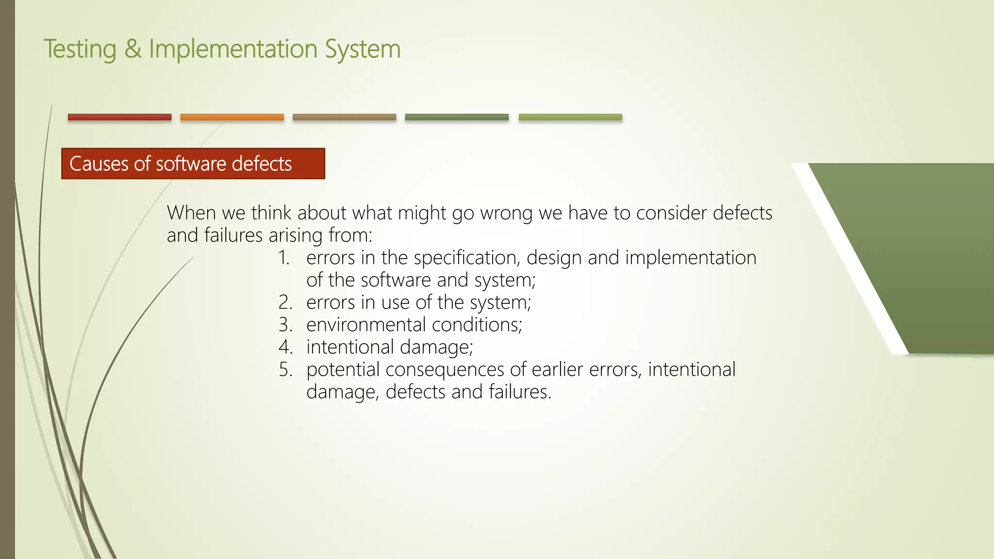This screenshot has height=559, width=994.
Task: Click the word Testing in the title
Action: point(80,50)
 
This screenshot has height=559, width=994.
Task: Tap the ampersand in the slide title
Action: point(133,49)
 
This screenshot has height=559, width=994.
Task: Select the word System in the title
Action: point(363,50)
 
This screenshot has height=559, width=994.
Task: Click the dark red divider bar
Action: point(119,117)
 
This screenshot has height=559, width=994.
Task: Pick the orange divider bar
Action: point(232,117)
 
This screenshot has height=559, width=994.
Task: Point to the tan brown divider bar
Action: point(344,117)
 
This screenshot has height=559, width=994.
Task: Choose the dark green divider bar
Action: point(457,117)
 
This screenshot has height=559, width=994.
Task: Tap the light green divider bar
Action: point(570,117)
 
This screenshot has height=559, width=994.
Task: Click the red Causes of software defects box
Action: point(193,164)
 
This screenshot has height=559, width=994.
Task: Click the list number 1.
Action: point(284,258)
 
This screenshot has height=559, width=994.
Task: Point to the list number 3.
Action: point(285,325)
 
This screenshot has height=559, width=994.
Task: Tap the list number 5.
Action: point(285,369)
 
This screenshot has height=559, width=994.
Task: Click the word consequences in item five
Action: point(445,369)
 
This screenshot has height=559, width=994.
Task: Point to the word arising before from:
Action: point(296,235)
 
